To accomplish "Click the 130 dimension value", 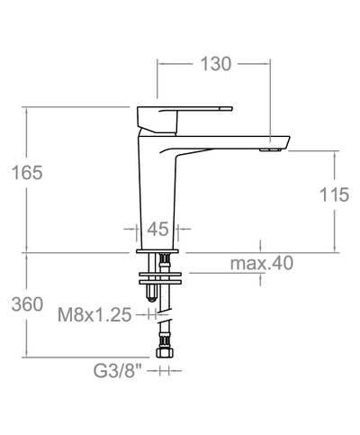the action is (216, 64).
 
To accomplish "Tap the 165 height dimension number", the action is (27, 173).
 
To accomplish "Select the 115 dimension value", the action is (334, 195).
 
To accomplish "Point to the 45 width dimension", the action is (157, 230).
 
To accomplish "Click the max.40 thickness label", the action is (262, 263).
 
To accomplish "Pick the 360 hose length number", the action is (27, 304).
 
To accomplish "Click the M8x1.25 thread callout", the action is (94, 315).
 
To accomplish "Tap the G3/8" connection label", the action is (117, 371).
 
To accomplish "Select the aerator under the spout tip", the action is (270, 150).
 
